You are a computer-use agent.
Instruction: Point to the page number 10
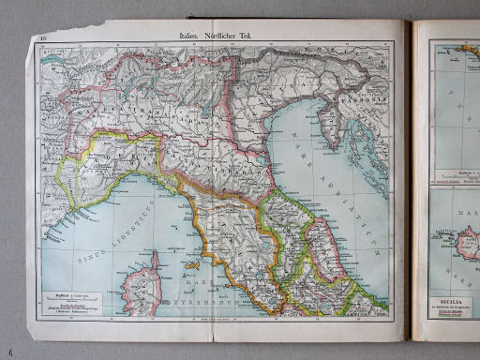pos(43,38)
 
